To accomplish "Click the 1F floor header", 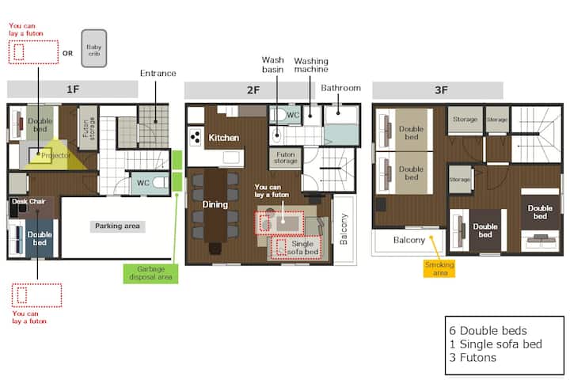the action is point(73,89).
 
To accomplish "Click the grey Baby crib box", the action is point(94,48).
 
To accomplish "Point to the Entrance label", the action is point(158,73).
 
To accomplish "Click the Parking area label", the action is point(117,226).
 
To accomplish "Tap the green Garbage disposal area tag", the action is point(150,273).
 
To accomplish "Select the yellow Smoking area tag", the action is point(439,268).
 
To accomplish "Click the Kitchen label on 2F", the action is point(224,138).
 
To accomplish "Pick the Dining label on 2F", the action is point(215,204).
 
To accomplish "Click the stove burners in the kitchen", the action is point(196,137).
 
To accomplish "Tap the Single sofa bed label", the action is point(302,248).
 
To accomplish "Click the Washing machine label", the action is point(311,65).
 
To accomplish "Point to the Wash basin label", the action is point(273,64).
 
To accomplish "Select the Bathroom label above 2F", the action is point(341,88).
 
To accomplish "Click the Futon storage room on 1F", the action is point(89,128).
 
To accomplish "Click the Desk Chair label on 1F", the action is point(28,201).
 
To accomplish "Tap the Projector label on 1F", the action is point(55,156).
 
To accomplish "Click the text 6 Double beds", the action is point(488,331).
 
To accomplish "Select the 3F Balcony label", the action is point(409,240).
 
